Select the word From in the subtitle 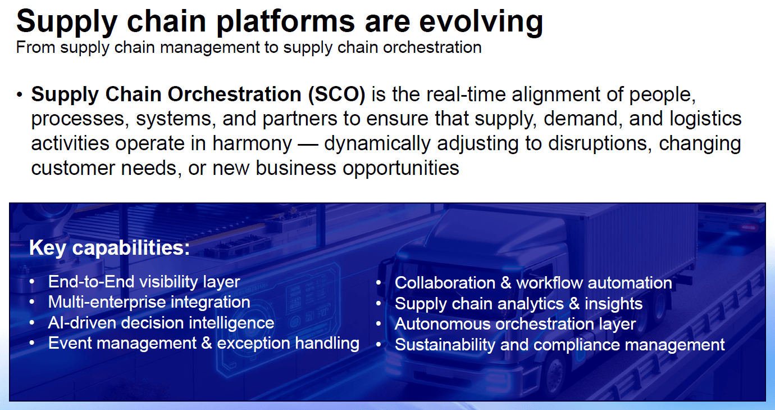click(36, 47)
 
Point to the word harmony click(252, 143)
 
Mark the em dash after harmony click(308, 144)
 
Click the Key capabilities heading click(110, 248)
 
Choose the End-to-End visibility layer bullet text click(144, 281)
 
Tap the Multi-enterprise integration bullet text click(149, 302)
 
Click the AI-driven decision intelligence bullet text click(161, 323)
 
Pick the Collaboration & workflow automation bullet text click(533, 282)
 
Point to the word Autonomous click(442, 324)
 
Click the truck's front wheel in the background click(553, 372)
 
